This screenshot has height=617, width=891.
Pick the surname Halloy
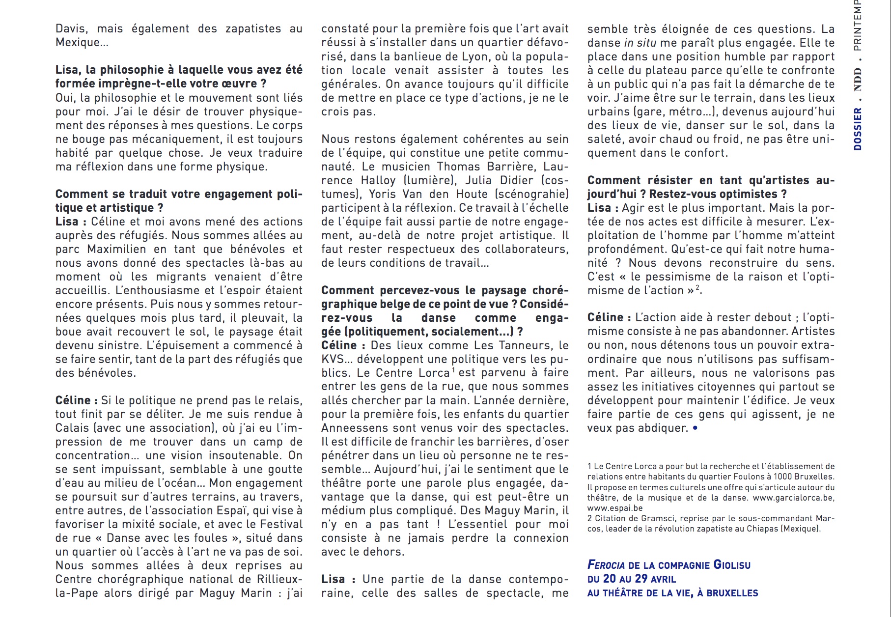[x=378, y=180]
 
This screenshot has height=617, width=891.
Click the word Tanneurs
[x=526, y=345]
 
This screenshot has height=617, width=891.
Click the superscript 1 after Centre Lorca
[x=453, y=370]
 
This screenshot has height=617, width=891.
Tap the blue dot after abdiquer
[x=695, y=428]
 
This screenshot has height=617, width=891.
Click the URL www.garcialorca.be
[x=793, y=498]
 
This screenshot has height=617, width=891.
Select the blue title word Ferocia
[x=606, y=565]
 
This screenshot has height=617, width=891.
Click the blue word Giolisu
[x=732, y=565]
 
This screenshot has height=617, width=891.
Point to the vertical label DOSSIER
[x=858, y=129]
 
